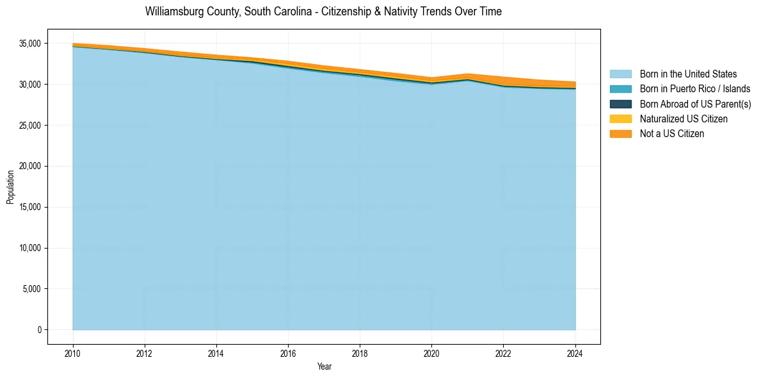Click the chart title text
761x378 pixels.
point(323,12)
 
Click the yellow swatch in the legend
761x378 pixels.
point(620,119)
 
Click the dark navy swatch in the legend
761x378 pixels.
point(620,104)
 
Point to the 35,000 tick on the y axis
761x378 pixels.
point(29,44)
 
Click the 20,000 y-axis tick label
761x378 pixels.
point(29,166)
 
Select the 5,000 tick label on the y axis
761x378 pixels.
point(31,289)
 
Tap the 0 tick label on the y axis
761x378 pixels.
point(39,330)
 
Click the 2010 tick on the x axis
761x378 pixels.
point(73,352)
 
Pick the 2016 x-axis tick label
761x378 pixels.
point(288,352)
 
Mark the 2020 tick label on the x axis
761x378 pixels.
point(431,352)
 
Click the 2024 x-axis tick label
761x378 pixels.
point(575,352)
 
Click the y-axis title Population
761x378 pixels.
point(10,187)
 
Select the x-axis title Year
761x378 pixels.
point(324,366)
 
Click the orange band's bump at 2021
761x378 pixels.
point(467,76)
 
